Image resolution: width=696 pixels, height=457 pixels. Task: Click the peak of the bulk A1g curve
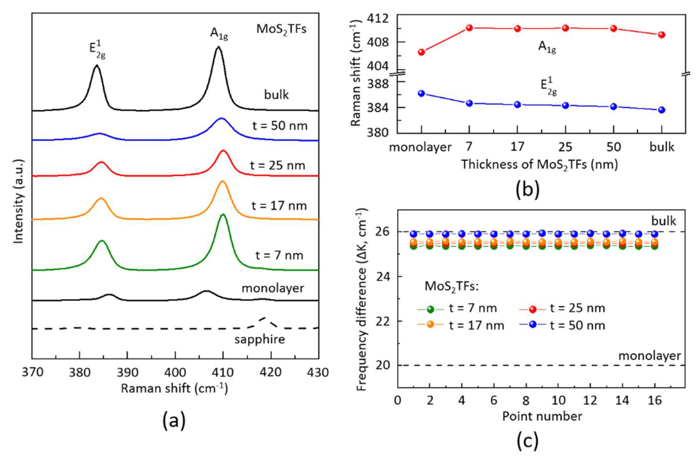tap(218, 47)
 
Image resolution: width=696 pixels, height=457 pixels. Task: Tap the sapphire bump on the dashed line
tap(265, 318)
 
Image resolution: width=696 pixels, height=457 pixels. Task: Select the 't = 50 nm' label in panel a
tap(279, 126)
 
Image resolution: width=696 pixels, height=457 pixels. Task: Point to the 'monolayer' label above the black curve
tap(272, 289)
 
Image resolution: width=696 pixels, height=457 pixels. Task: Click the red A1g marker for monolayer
tap(421, 52)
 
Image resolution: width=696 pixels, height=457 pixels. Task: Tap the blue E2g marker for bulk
tap(662, 110)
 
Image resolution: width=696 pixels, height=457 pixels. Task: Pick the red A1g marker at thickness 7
tap(469, 28)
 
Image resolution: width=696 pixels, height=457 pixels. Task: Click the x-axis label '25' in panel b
tap(565, 147)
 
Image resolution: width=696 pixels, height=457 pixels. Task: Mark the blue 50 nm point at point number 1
tap(414, 234)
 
